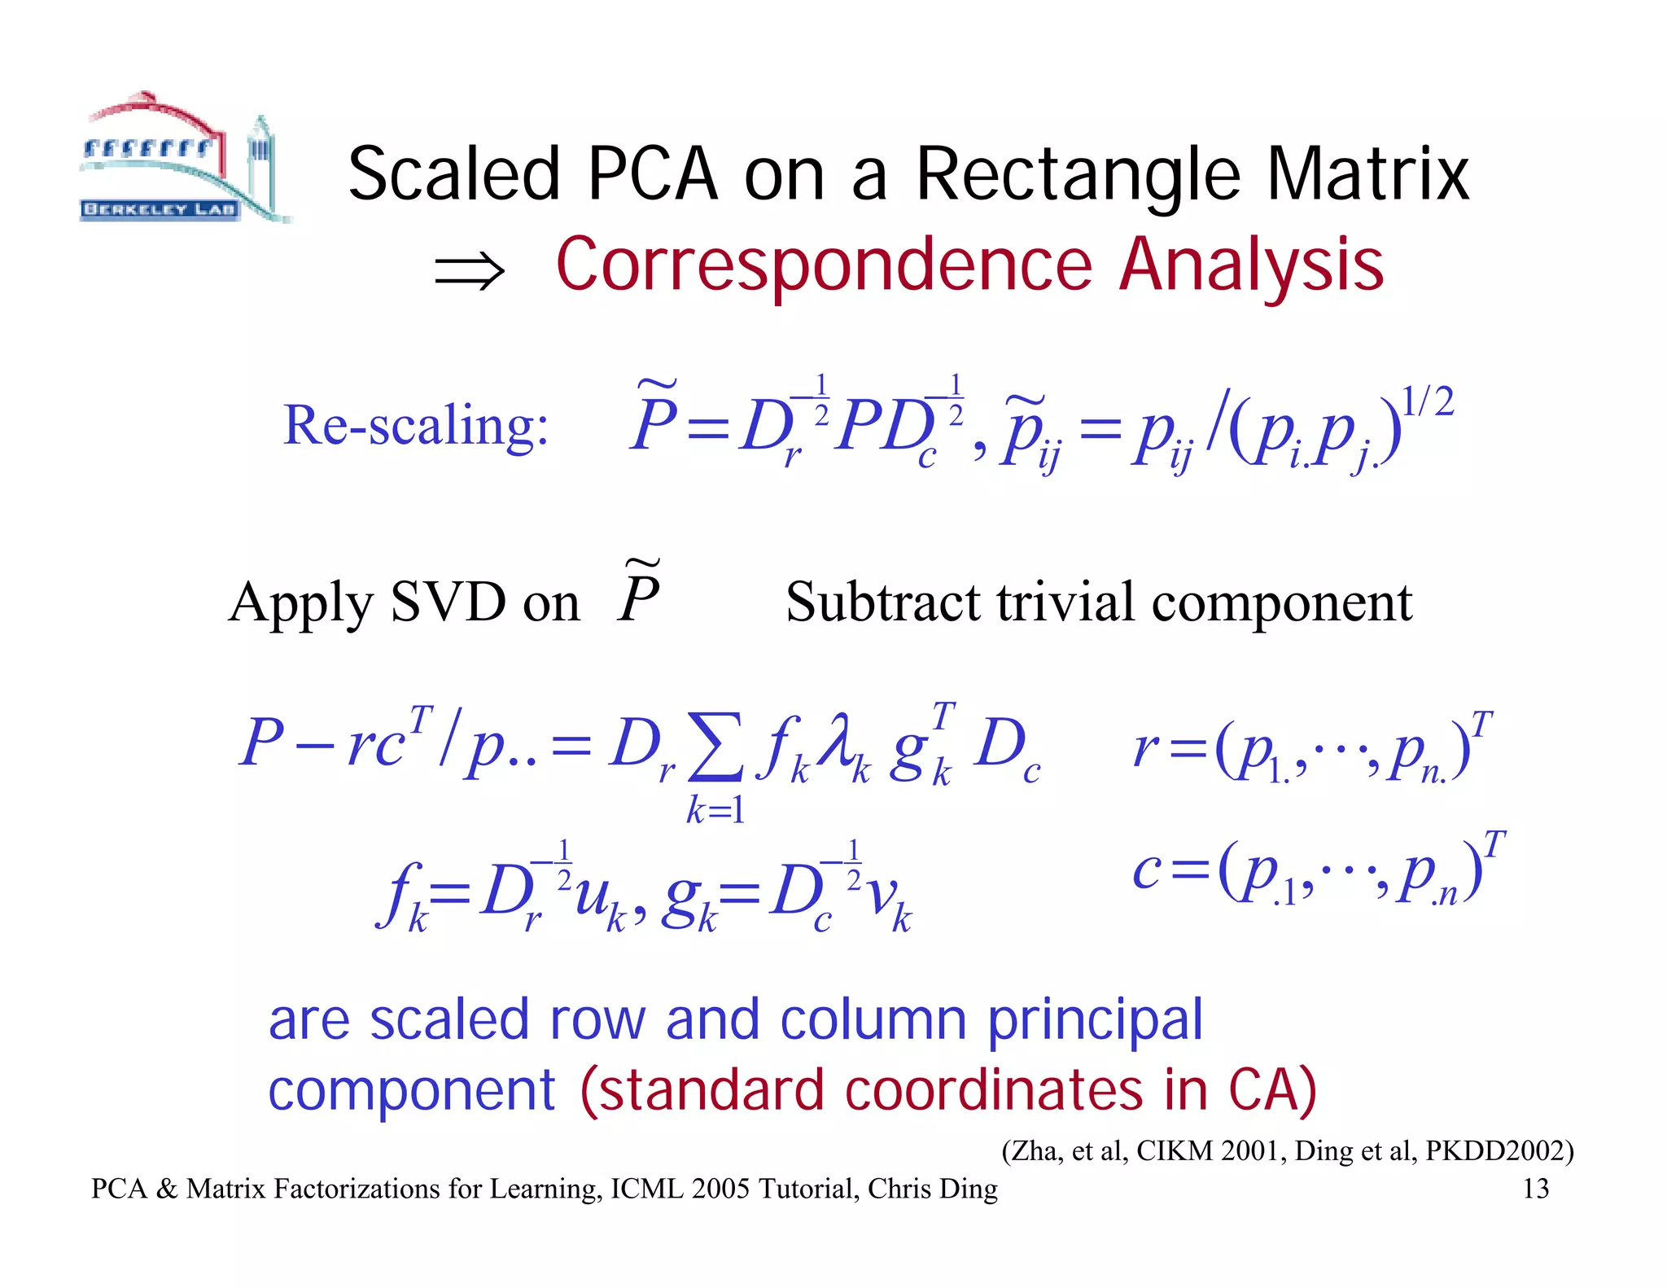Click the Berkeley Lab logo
tap(184, 158)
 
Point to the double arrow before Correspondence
tap(470, 270)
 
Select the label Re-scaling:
tap(416, 425)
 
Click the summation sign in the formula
tap(714, 746)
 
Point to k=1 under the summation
tap(715, 810)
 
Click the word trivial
tap(1065, 602)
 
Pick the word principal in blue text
tap(1095, 1019)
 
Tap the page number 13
tap(1535, 1189)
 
